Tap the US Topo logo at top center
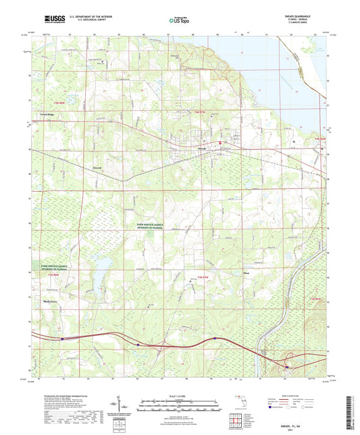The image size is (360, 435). [x=179, y=21]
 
